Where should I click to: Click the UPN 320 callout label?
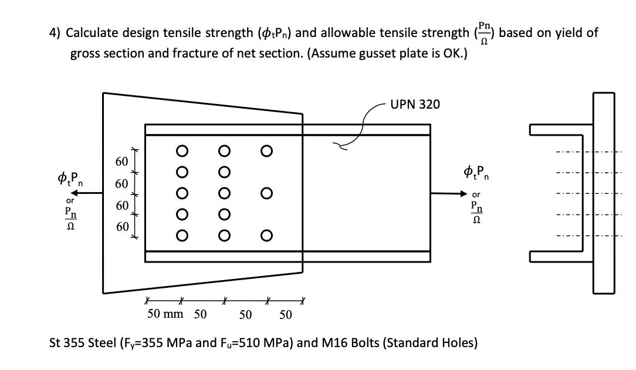tap(417, 104)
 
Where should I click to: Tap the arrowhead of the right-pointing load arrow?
tap(467, 193)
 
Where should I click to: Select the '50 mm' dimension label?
tap(165, 314)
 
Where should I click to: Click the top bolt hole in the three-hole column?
tap(267, 150)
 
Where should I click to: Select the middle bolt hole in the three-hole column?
tap(267, 193)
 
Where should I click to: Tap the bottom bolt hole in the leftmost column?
tap(182, 236)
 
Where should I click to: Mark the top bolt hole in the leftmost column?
tap(182, 150)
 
